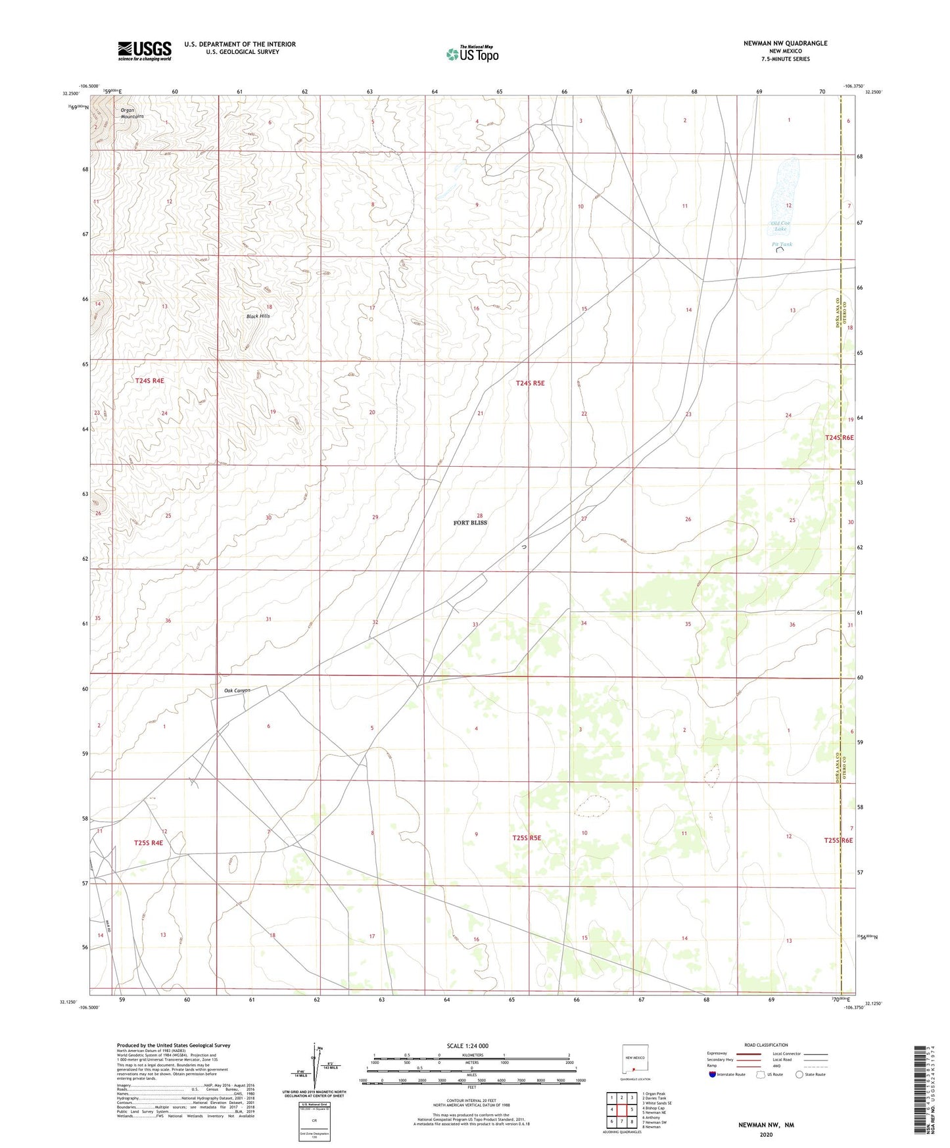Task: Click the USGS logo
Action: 145,51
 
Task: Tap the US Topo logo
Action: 472,54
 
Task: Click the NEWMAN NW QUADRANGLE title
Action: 785,43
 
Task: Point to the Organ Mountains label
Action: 131,113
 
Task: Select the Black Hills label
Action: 258,316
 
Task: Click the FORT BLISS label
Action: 470,523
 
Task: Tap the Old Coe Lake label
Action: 780,226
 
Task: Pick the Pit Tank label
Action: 782,244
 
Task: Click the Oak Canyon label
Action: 237,690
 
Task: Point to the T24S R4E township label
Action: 149,381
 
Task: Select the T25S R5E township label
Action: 527,838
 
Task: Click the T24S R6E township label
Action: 839,437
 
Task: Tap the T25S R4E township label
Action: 148,842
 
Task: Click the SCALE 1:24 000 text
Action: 467,1045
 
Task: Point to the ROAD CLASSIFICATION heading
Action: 766,1045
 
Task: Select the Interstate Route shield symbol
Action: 713,1074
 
